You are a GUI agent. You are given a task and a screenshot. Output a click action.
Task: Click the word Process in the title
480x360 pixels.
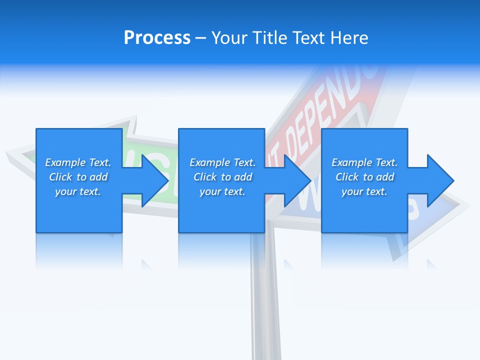(x=157, y=38)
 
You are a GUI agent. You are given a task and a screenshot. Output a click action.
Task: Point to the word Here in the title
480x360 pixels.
(x=350, y=38)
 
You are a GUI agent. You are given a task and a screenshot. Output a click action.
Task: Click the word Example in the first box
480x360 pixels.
(x=65, y=162)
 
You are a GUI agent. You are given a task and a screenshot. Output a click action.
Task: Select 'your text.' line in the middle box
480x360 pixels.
(x=222, y=191)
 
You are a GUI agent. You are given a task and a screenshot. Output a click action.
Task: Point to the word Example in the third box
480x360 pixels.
(x=352, y=162)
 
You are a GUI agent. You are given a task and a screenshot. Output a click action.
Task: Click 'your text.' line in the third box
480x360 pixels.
(x=364, y=191)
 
